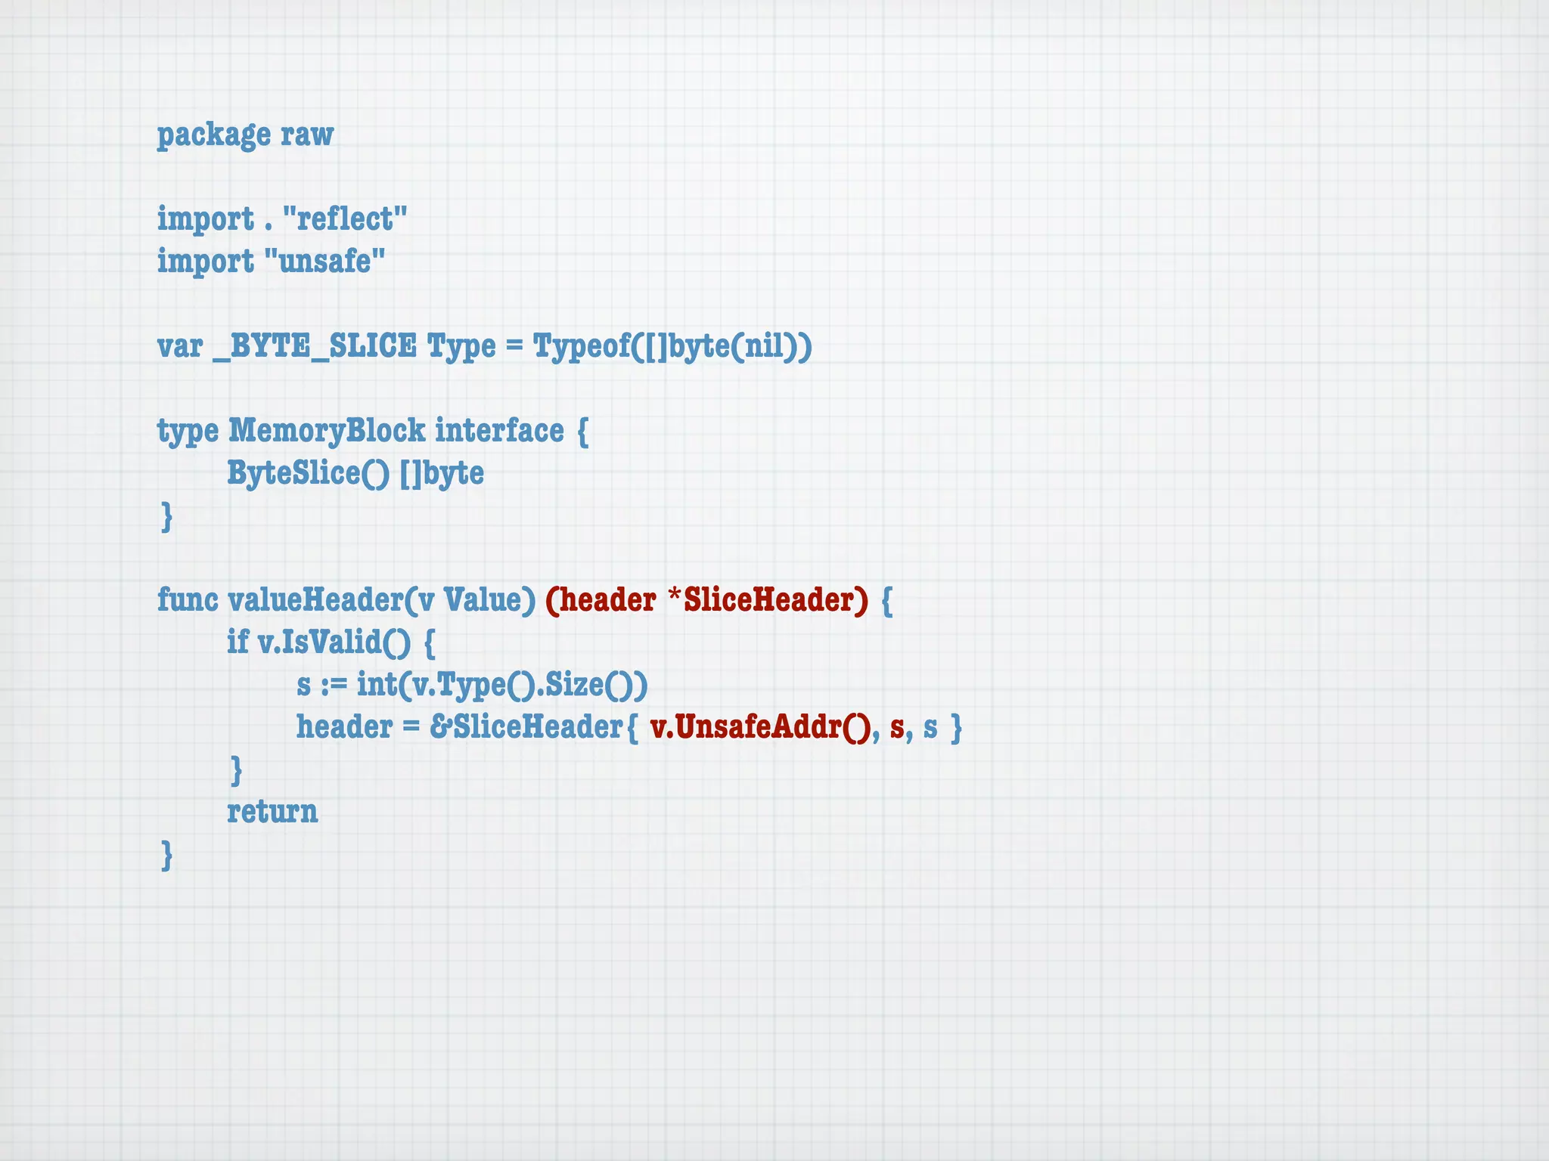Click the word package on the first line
coord(213,135)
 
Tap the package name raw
coord(307,135)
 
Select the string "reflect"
coord(345,219)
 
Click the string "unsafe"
coord(324,262)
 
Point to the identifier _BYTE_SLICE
coord(315,346)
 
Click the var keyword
coord(180,346)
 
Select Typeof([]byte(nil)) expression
coord(672,346)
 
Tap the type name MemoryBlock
coord(327,431)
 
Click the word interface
coord(499,431)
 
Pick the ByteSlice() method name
coord(309,473)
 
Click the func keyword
coord(187,600)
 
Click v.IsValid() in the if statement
coord(334,642)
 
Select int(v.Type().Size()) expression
coord(502,685)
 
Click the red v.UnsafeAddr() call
coord(760,727)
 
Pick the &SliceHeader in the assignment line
coord(526,727)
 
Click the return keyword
coord(272,812)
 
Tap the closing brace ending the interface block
coord(167,517)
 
